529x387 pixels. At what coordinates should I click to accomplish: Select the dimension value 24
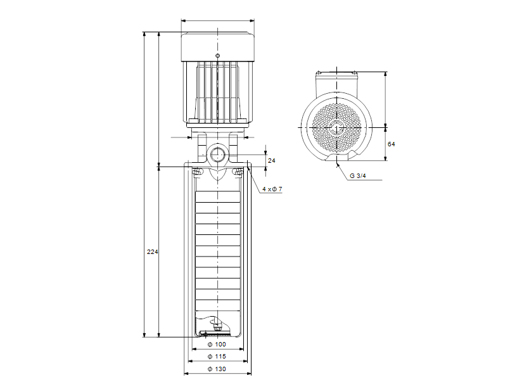pyautogui.click(x=272, y=161)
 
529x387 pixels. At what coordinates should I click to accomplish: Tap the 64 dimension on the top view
pyautogui.click(x=391, y=144)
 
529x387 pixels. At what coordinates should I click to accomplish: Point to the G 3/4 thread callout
pyautogui.click(x=358, y=176)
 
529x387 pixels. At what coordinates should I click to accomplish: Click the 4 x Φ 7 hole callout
pyautogui.click(x=272, y=190)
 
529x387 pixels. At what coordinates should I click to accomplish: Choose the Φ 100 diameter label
pyautogui.click(x=217, y=345)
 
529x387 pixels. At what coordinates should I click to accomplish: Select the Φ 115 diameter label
pyautogui.click(x=217, y=357)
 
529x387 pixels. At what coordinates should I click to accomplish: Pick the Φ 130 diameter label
pyautogui.click(x=217, y=369)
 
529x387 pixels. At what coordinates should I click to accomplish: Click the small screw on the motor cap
pyautogui.click(x=217, y=56)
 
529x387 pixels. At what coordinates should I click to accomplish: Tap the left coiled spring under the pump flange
pyautogui.click(x=196, y=172)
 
